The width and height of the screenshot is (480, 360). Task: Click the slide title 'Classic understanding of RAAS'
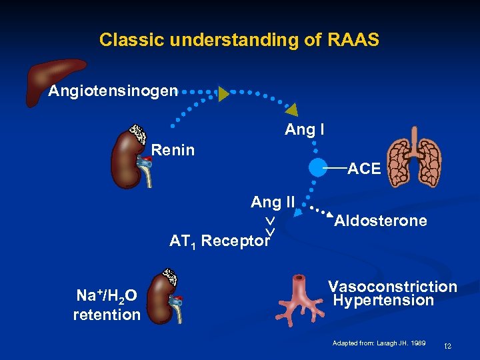239,40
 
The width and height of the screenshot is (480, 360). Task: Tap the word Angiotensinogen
113,91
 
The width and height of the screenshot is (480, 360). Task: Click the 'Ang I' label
305,130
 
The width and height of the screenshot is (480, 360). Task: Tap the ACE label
364,169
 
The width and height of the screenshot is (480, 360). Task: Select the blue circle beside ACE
319,168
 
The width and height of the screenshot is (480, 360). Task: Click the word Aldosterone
381,221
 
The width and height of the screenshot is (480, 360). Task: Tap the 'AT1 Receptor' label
219,241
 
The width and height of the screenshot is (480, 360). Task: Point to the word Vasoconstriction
393,287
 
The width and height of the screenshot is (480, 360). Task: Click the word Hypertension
383,301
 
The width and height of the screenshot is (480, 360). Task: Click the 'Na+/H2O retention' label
107,305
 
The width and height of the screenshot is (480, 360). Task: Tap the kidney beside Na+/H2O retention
164,298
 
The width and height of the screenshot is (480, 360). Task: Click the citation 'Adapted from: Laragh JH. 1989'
379,343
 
